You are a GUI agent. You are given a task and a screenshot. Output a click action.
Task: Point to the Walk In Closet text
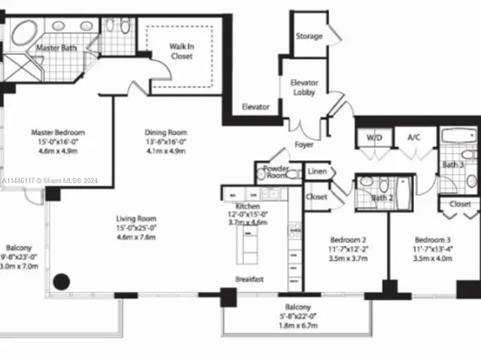[180, 51]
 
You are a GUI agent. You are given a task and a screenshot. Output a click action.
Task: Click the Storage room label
[309, 36]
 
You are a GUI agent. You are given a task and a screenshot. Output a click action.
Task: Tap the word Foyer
[304, 145]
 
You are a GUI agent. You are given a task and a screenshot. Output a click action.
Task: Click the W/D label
[374, 138]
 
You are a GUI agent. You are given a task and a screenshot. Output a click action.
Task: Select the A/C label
[413, 138]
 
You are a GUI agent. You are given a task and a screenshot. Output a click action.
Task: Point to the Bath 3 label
[452, 164]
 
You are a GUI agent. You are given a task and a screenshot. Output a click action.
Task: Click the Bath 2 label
[382, 198]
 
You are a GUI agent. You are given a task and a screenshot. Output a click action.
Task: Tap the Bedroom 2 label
[347, 232]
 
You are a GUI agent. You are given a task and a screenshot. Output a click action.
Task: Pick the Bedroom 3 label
[432, 232]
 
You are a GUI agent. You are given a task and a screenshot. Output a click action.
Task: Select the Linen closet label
[316, 172]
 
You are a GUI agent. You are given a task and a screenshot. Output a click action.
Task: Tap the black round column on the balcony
[60, 282]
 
